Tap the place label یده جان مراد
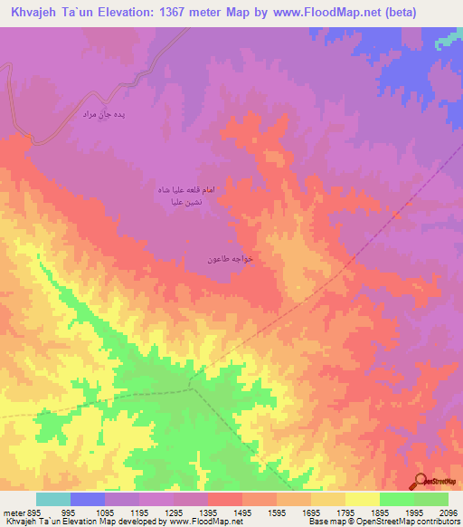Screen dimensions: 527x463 tap(102, 115)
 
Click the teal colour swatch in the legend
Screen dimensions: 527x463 tap(53, 499)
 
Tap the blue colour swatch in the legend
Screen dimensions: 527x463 tap(88, 499)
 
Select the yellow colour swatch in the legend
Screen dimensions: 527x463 tap(362, 499)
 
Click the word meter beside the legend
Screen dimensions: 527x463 tap(12, 511)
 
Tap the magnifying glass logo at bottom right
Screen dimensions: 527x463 tap(419, 480)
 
